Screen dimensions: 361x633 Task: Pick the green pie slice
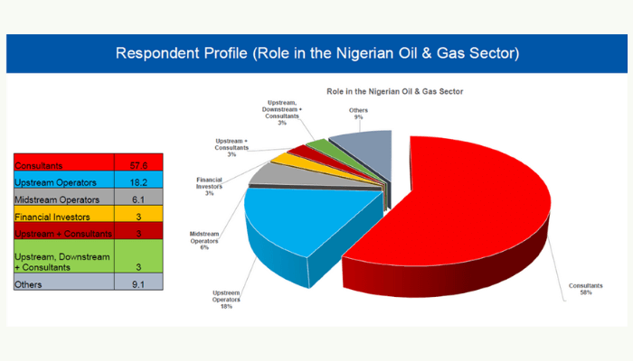[317, 148]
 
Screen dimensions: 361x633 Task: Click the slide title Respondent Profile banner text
[316, 54]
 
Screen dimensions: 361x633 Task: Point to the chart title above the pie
[395, 92]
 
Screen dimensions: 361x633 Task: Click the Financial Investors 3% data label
[210, 186]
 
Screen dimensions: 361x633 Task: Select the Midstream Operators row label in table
[54, 198]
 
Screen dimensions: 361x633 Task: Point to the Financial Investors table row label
[51, 215]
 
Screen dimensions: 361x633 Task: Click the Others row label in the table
[30, 283]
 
